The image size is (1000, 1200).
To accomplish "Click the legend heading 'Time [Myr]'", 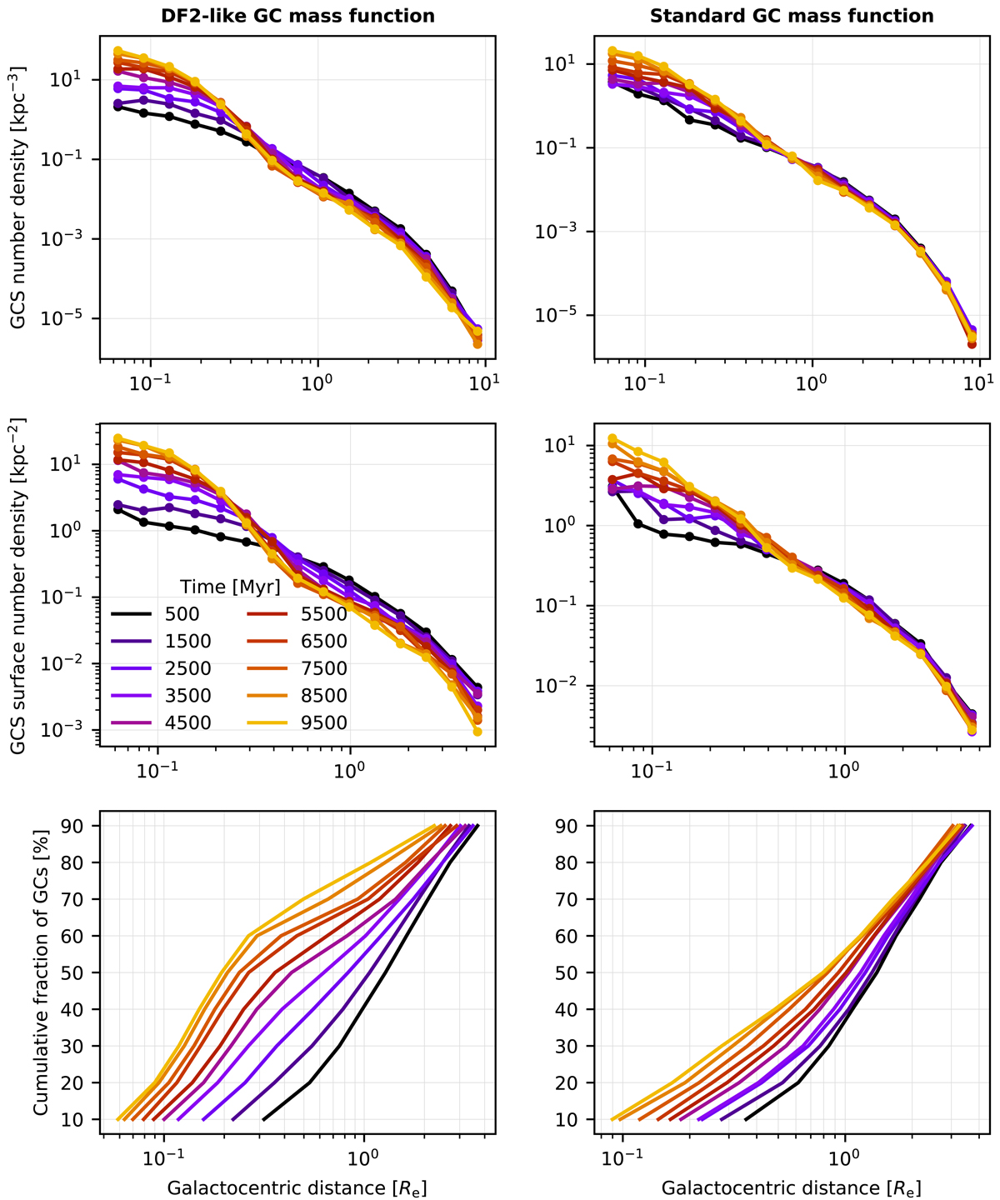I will pyautogui.click(x=230, y=587).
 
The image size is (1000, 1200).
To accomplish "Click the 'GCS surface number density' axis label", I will pyautogui.click(x=17, y=587).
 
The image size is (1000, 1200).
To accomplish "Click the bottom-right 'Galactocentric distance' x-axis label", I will pyautogui.click(x=791, y=1187).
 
